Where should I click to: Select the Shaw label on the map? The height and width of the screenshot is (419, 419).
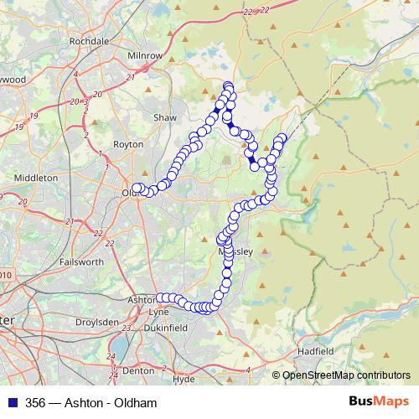pos(164,118)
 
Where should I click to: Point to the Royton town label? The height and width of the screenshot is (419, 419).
pos(128,144)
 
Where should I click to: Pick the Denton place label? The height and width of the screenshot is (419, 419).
pos(137,370)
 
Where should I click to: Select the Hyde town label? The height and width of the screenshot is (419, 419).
pos(183,379)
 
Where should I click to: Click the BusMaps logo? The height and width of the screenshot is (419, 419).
pos(377,402)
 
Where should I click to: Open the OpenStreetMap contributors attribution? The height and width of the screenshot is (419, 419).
pos(347,375)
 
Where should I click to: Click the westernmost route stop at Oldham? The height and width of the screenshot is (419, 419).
pos(137,189)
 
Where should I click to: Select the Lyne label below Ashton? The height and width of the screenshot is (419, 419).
pos(158,312)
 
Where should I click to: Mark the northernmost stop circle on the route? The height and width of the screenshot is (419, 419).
pos(227,85)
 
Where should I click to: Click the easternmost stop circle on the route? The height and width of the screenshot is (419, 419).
pos(282,137)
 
